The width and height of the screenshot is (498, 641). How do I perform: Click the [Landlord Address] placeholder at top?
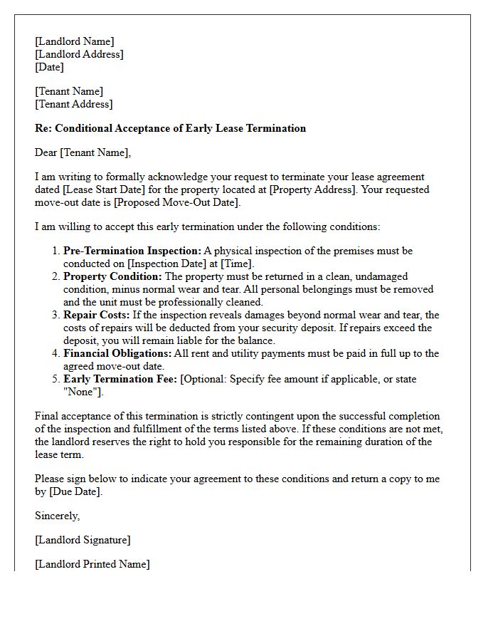click(x=79, y=54)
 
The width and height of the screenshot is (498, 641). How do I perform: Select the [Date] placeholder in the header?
click(x=49, y=67)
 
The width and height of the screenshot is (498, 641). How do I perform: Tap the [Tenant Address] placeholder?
click(x=73, y=104)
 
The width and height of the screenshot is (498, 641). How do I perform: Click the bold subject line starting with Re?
click(x=170, y=128)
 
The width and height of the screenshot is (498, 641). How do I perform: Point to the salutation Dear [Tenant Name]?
click(x=83, y=152)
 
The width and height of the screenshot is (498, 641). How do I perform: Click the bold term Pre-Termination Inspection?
click(x=132, y=251)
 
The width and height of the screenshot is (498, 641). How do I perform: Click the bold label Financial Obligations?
click(x=117, y=353)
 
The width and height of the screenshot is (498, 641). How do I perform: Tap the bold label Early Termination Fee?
click(x=120, y=379)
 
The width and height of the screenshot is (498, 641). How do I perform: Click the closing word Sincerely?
click(x=57, y=516)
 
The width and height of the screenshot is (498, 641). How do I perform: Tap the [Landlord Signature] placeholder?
click(x=83, y=540)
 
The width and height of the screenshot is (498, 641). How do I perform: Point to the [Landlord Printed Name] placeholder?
click(x=92, y=564)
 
